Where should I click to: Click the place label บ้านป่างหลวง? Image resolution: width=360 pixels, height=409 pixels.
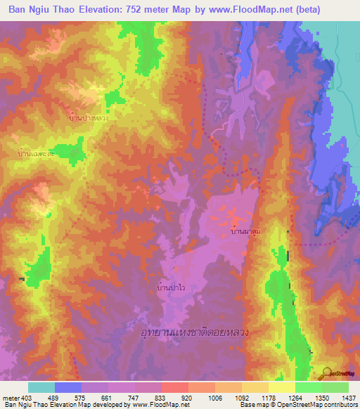89,119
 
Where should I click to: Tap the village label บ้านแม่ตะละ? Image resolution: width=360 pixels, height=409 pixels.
37,151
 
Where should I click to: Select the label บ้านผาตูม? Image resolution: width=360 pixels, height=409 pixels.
245,229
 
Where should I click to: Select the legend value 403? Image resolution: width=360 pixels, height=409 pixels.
27,398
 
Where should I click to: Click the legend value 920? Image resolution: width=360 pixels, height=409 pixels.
186,398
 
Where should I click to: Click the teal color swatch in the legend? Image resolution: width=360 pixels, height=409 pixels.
41,387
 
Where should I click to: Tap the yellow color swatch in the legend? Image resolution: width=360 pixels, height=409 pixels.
281,387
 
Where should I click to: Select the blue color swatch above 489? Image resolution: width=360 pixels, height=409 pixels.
68,387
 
